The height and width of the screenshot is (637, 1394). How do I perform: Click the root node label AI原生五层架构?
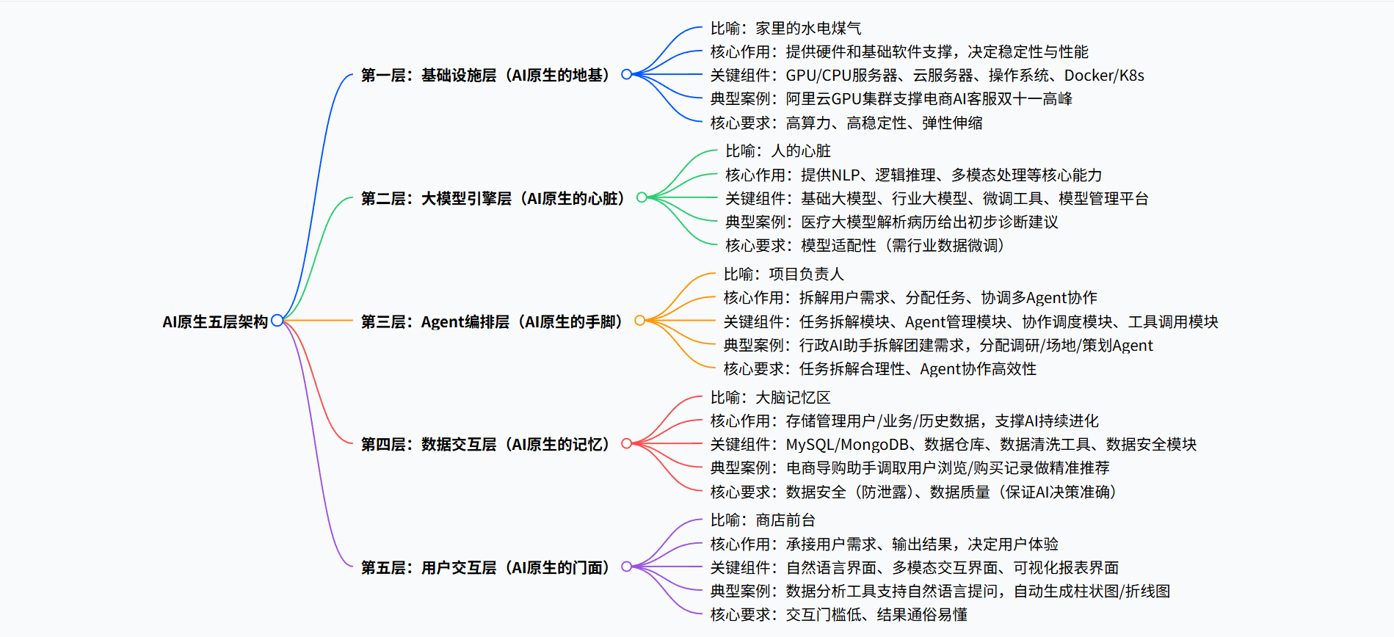pos(214,321)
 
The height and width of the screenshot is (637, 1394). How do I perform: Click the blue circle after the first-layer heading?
pos(626,74)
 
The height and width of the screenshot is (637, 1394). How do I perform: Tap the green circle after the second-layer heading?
pos(642,197)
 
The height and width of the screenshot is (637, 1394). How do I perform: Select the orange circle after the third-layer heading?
pos(639,320)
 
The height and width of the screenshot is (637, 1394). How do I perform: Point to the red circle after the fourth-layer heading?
pos(626,443)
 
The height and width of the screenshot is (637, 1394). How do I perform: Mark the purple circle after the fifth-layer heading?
pos(626,567)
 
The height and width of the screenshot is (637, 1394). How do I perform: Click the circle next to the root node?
pos(277,320)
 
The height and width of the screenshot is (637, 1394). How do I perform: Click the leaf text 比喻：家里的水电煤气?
pos(785,28)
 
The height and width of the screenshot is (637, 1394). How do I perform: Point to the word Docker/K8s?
pos(1103,75)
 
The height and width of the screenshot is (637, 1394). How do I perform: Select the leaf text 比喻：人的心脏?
pos(778,150)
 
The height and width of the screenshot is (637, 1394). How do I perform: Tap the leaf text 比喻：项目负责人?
pos(783,274)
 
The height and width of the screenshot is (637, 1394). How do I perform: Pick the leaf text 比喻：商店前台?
pos(763,520)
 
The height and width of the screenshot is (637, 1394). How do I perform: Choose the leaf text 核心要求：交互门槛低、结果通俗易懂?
pos(838,614)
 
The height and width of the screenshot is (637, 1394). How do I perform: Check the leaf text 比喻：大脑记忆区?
pos(770,397)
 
